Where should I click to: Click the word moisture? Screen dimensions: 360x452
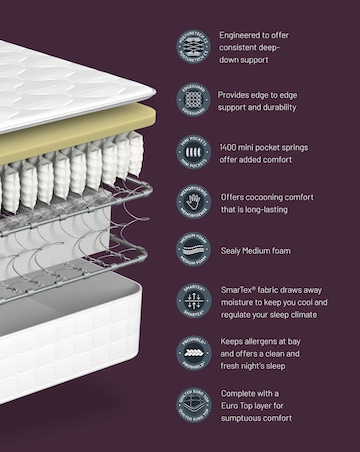pos(240,302)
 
